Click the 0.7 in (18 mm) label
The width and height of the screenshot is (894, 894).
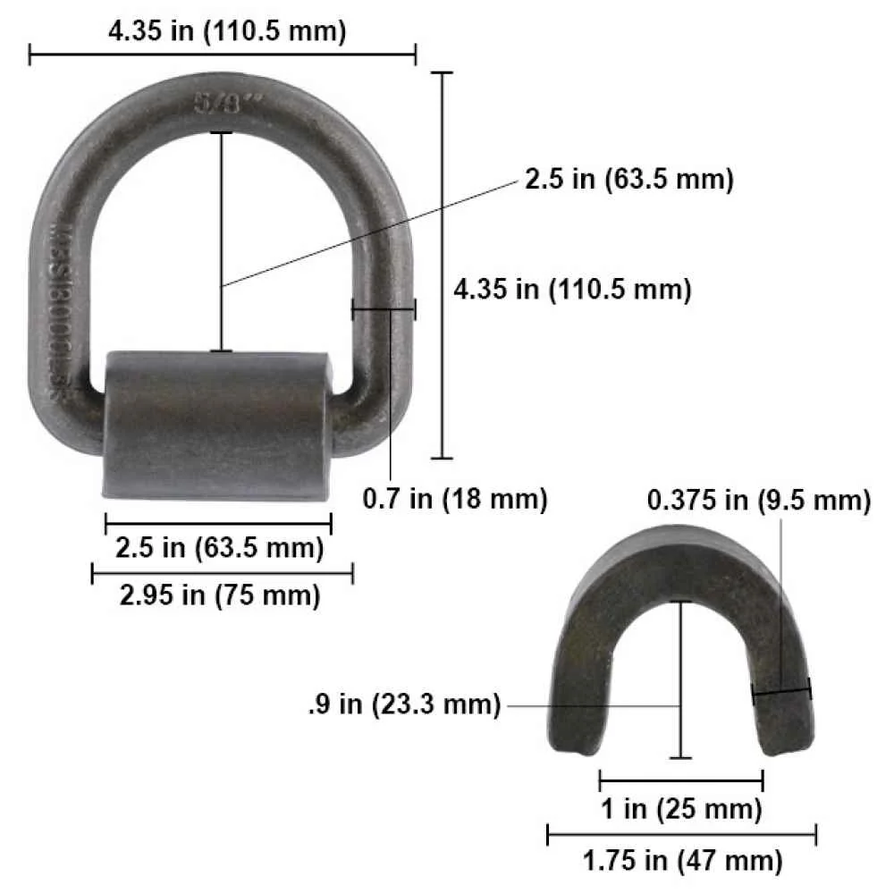pyautogui.click(x=454, y=498)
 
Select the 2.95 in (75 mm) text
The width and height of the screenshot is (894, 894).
pyautogui.click(x=220, y=595)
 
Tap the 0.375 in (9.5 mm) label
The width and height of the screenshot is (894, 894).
pyautogui.click(x=758, y=501)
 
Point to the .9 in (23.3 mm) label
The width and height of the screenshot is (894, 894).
pyautogui.click(x=401, y=704)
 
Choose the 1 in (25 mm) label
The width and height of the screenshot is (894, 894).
pyautogui.click(x=680, y=810)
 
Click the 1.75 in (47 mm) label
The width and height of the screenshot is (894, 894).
pyautogui.click(x=682, y=862)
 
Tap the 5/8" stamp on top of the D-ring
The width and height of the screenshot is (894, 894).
pyautogui.click(x=220, y=102)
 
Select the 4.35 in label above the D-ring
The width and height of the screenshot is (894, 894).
pyautogui.click(x=225, y=31)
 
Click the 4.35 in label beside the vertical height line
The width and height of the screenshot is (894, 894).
pyautogui.click(x=572, y=290)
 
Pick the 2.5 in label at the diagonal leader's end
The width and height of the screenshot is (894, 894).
pyautogui.click(x=628, y=179)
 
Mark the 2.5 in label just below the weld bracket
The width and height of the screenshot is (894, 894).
pyautogui.click(x=219, y=546)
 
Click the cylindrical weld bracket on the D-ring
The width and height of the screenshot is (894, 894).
pyautogui.click(x=219, y=425)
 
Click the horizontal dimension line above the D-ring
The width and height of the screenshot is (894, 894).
pyautogui.click(x=223, y=56)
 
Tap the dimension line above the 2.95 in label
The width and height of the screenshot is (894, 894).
pyautogui.click(x=222, y=573)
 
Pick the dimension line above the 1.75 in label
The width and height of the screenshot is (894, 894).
pyautogui.click(x=681, y=836)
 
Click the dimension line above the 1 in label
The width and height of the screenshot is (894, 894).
pyautogui.click(x=680, y=779)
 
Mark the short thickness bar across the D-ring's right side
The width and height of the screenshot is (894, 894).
pyautogui.click(x=384, y=310)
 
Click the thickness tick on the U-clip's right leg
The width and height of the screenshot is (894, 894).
pyautogui.click(x=781, y=691)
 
